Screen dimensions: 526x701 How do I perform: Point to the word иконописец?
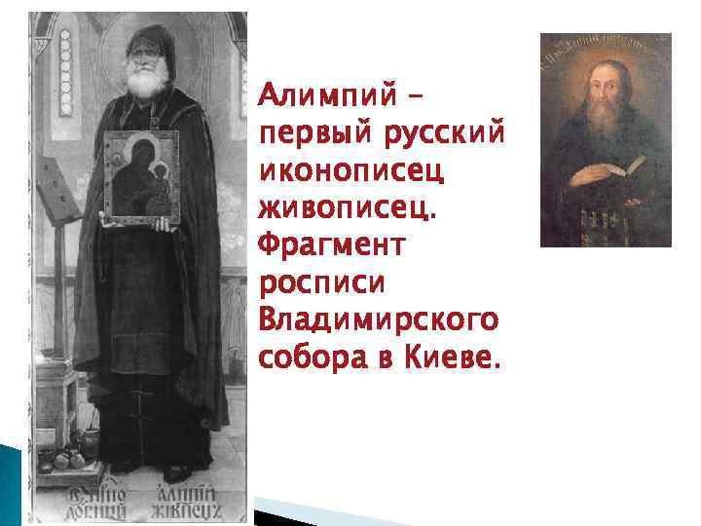pyautogui.click(x=350, y=169)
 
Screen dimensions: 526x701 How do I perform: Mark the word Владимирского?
pyautogui.click(x=378, y=319)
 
